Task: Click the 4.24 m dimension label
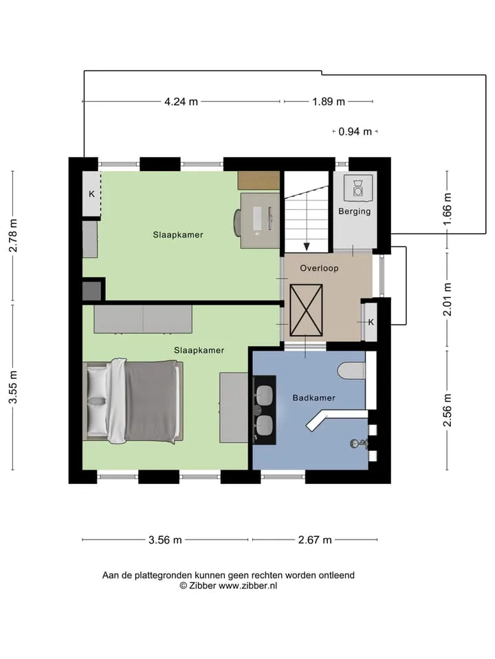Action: pyautogui.click(x=181, y=102)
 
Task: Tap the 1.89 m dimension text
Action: pyautogui.click(x=329, y=102)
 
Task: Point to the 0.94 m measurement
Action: pyautogui.click(x=355, y=132)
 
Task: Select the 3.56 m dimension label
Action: pyautogui.click(x=165, y=540)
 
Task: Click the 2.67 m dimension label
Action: pyautogui.click(x=315, y=540)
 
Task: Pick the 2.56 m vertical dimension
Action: pyautogui.click(x=447, y=411)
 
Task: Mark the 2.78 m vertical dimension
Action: pyautogui.click(x=13, y=235)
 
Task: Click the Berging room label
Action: pyautogui.click(x=355, y=211)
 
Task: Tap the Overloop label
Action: pyautogui.click(x=319, y=268)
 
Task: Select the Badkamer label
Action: pyautogui.click(x=314, y=397)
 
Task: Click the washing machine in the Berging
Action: pyautogui.click(x=357, y=187)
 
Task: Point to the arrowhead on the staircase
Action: pyautogui.click(x=307, y=246)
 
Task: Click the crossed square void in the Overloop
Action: pyautogui.click(x=306, y=310)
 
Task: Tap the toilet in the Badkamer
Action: pyautogui.click(x=351, y=370)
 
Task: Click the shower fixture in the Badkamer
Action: pyautogui.click(x=359, y=443)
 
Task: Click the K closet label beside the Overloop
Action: pyautogui.click(x=371, y=323)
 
